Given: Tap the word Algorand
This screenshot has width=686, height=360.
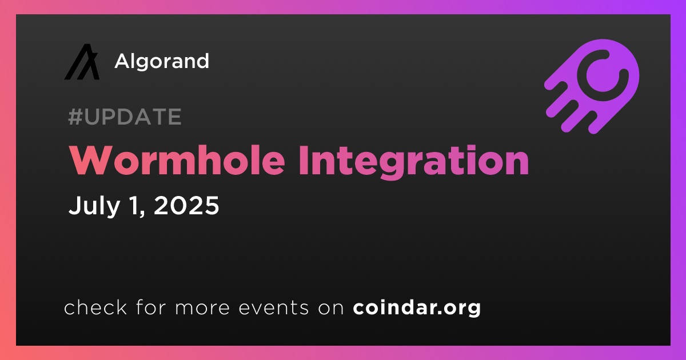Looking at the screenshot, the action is [162, 62].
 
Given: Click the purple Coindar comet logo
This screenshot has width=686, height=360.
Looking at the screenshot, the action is [592, 86].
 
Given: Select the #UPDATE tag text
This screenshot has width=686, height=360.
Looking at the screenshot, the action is [125, 117].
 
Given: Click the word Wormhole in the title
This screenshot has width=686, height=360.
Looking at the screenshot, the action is [177, 160].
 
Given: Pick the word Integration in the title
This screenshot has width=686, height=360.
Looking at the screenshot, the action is [414, 162].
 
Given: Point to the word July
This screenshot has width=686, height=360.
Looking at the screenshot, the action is [94, 206].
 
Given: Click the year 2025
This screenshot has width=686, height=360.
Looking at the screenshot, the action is [186, 205].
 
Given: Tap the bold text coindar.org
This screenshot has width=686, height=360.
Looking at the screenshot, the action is [417, 307].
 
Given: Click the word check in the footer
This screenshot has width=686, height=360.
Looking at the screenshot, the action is [95, 307].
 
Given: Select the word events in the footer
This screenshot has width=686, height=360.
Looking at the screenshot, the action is [273, 308].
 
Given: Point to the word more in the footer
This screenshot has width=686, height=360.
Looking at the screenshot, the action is [202, 308].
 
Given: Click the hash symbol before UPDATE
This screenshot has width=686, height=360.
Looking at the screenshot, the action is [75, 117].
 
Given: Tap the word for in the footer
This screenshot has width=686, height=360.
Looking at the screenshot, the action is [151, 307].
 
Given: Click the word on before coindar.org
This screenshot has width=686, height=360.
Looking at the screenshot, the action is [331, 308].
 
